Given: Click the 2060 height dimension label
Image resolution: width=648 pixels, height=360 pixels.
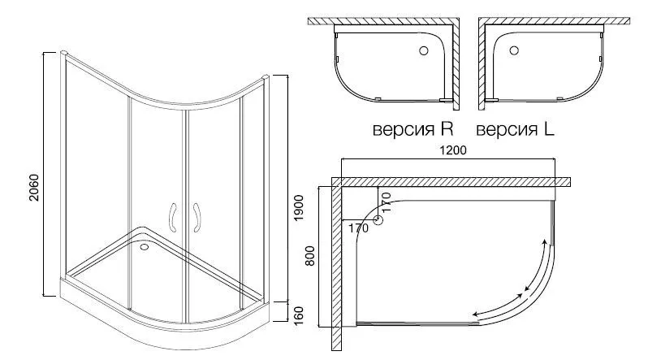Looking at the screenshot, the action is [x=33, y=188].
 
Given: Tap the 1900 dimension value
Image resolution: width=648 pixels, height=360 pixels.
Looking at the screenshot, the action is [x=298, y=208].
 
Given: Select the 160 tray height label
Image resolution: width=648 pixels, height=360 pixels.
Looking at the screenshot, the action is [x=298, y=316].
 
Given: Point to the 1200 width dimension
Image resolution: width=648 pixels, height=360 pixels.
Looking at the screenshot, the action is [x=453, y=150].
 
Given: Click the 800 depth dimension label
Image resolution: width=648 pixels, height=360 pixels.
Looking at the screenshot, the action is [x=310, y=256].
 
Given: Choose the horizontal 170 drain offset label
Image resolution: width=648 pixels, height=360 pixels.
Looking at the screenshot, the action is [x=358, y=228].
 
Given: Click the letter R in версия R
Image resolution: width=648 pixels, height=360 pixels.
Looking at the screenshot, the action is [x=447, y=128].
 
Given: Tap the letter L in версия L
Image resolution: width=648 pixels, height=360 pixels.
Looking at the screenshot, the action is [x=549, y=128].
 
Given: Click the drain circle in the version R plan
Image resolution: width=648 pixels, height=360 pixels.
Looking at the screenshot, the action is [x=424, y=51].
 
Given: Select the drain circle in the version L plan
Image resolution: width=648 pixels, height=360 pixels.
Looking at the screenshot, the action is [x=514, y=50].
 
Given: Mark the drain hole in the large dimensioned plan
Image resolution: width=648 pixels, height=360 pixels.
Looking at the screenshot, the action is [x=378, y=219].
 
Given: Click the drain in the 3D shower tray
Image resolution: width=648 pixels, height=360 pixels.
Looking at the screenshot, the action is [x=145, y=247].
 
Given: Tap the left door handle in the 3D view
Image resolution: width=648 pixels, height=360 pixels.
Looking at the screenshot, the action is [x=173, y=217].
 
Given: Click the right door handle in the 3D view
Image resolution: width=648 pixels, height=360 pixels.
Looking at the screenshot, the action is [x=197, y=217].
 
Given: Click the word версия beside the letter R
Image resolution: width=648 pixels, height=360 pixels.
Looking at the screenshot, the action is [x=404, y=130].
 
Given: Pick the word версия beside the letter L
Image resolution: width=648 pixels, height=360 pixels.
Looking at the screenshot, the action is [x=507, y=130].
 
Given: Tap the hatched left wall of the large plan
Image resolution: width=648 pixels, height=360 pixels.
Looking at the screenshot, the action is [x=336, y=265].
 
